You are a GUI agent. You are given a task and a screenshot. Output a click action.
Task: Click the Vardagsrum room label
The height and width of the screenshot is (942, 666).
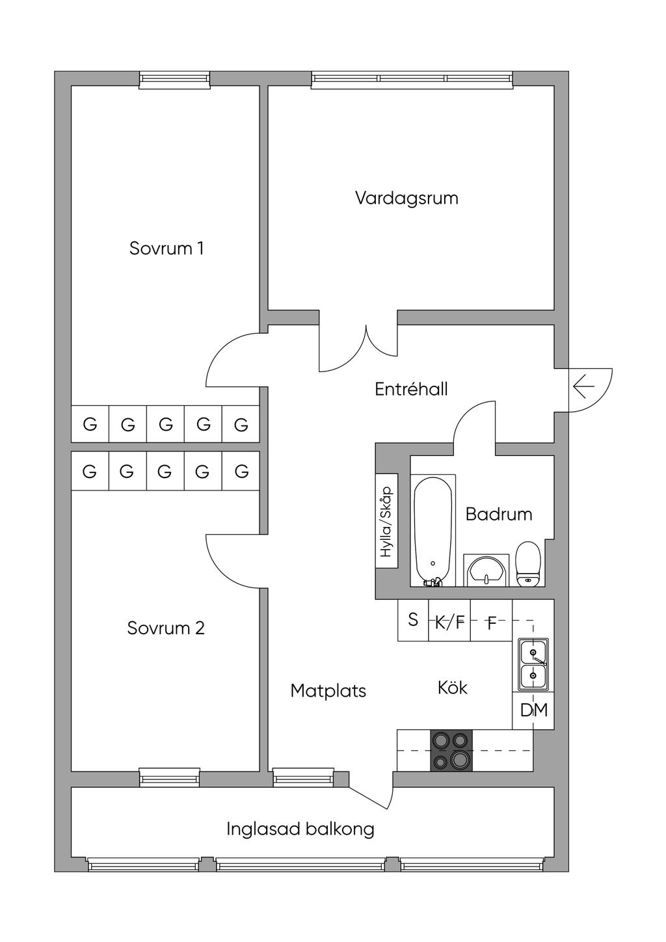(x=406, y=198)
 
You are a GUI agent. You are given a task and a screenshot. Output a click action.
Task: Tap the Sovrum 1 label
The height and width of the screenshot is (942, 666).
(x=166, y=249)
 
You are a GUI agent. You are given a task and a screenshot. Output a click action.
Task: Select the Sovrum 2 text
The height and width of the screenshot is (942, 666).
(x=166, y=628)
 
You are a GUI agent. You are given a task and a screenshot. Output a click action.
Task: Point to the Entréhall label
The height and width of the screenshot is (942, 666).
(x=411, y=389)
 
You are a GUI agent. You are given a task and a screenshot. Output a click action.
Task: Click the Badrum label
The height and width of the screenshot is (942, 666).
(x=499, y=514)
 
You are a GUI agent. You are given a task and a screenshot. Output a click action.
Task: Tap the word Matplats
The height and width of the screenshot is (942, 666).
(x=328, y=690)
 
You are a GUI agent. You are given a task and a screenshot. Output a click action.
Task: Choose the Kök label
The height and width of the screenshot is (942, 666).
(x=453, y=688)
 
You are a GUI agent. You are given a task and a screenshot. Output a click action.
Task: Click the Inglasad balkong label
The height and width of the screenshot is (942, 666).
(x=300, y=829)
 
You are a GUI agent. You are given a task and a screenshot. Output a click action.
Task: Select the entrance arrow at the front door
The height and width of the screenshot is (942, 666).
(x=583, y=388)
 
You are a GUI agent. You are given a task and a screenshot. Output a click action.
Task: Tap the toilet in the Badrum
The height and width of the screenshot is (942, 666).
(x=528, y=563)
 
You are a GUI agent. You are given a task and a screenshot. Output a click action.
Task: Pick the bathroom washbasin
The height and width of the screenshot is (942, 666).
(x=486, y=571)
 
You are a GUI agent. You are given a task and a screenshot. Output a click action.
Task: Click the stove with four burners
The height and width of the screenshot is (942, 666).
(x=451, y=750)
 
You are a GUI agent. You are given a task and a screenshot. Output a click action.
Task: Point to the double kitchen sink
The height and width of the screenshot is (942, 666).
(x=533, y=664)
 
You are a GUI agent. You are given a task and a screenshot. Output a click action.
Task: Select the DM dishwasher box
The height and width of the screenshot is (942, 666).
(x=534, y=710)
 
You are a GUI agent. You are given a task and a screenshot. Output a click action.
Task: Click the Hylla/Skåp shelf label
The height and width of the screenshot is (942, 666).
(x=386, y=522)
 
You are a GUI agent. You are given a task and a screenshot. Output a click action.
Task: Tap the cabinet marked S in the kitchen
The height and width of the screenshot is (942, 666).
(x=413, y=620)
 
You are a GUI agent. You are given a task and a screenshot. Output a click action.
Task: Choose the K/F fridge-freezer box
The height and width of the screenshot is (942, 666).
(x=449, y=623)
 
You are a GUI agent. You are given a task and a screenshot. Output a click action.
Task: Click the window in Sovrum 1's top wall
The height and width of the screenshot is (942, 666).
(x=175, y=79)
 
